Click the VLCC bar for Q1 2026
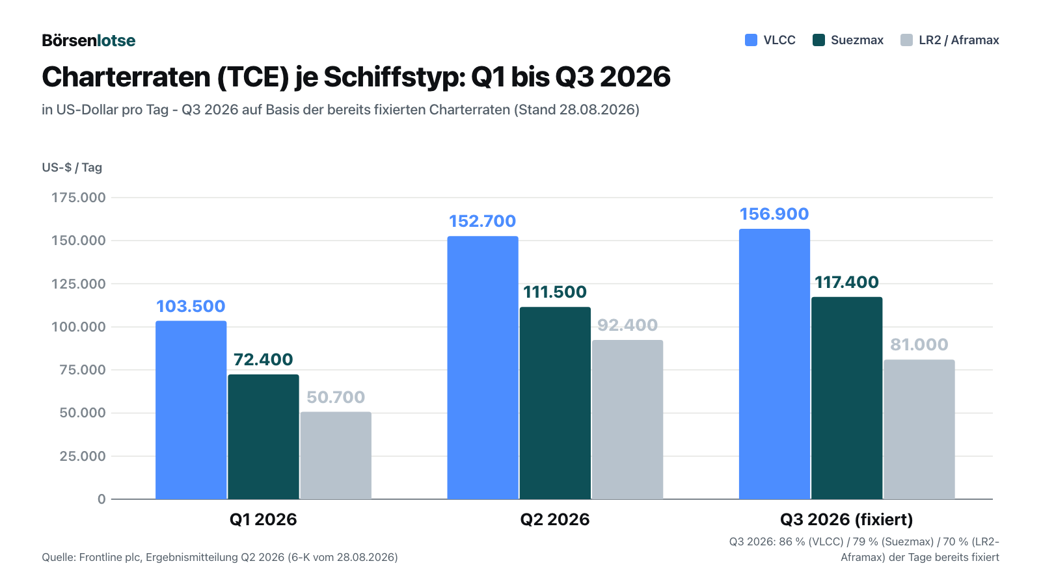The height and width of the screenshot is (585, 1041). (x=191, y=410)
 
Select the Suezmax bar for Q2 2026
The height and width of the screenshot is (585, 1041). (x=556, y=403)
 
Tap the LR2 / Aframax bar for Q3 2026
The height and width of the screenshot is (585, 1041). (x=919, y=430)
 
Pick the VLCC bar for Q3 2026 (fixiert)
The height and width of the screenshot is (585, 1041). (x=774, y=364)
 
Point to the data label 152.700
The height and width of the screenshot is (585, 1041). (x=482, y=221)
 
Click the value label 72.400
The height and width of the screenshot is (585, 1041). (x=263, y=359)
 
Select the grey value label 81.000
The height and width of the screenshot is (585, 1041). (x=919, y=344)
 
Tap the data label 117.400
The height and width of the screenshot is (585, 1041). (x=846, y=282)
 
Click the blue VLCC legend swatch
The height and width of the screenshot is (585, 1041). (x=751, y=40)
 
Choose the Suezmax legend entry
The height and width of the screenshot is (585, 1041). (x=848, y=40)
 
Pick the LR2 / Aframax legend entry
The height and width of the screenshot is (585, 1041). (x=950, y=40)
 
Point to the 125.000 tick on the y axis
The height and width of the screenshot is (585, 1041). (x=79, y=283)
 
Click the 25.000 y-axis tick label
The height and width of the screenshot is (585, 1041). (x=83, y=456)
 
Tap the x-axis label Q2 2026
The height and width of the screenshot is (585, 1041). (x=555, y=519)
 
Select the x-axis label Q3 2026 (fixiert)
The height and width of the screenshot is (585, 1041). (x=846, y=519)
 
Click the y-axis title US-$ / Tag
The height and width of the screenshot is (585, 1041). (x=72, y=168)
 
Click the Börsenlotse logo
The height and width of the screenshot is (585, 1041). (x=88, y=40)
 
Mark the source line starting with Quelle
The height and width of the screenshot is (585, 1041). (x=220, y=557)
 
